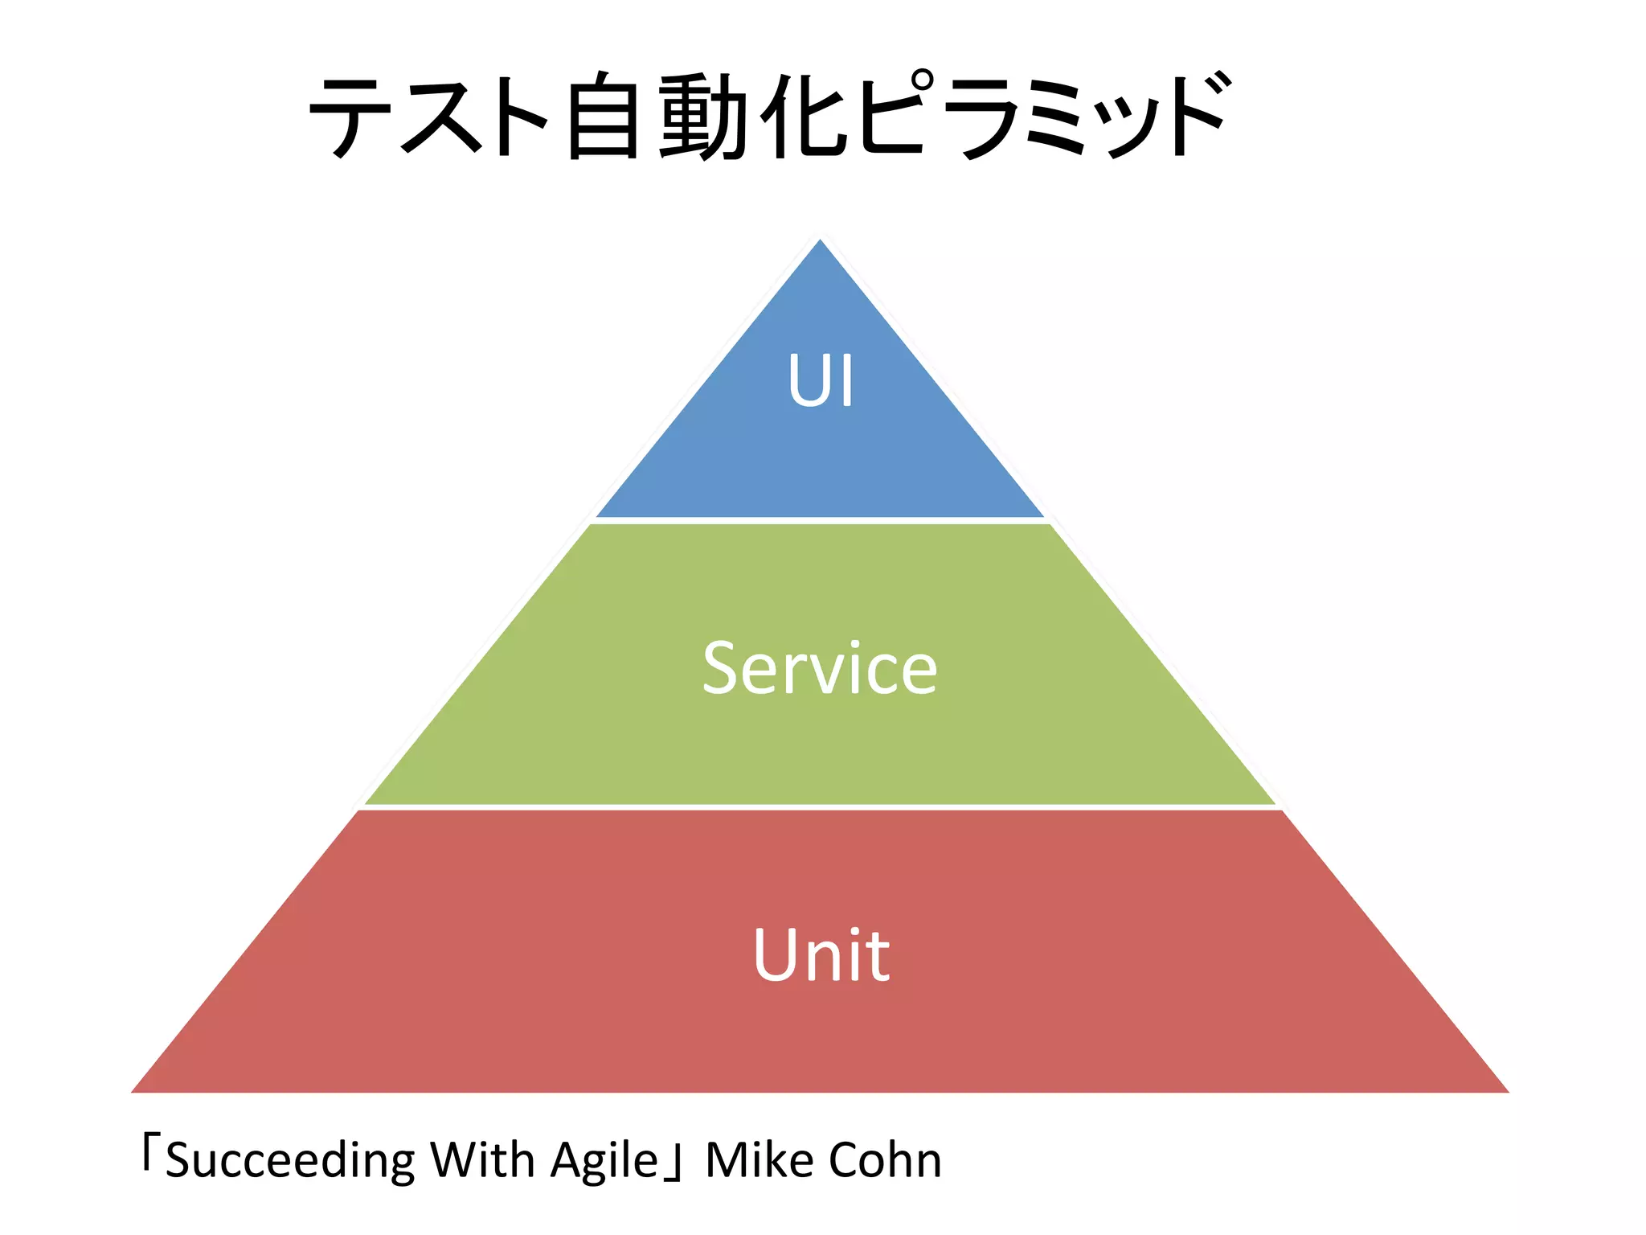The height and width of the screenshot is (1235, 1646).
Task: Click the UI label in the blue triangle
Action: (x=820, y=381)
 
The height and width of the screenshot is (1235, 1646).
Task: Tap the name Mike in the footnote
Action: (x=759, y=1160)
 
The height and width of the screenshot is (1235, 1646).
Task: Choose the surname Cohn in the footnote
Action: (x=884, y=1160)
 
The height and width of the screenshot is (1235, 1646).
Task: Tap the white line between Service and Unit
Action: (x=820, y=806)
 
